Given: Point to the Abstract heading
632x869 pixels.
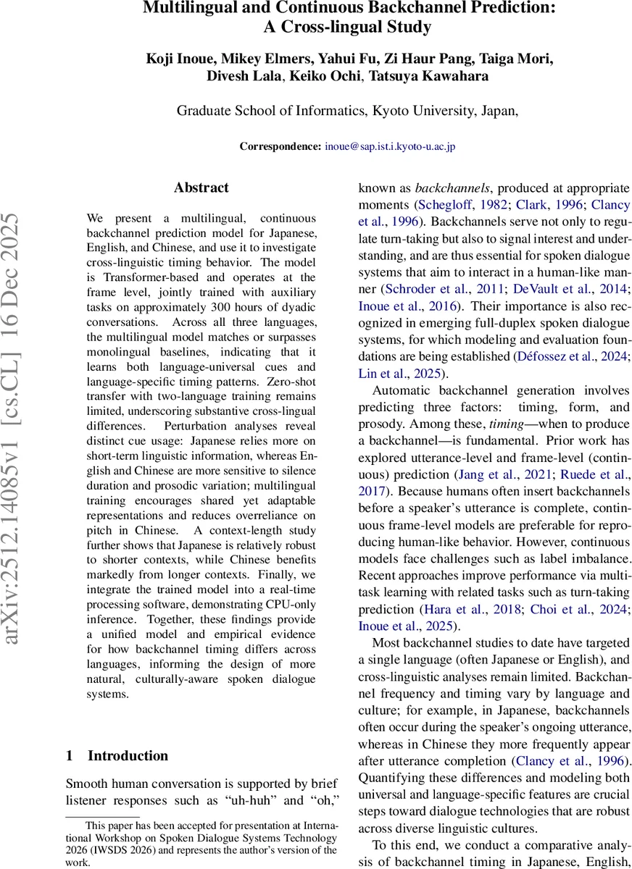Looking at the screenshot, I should pyautogui.click(x=201, y=188).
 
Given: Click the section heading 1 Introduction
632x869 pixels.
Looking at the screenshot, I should pyautogui.click(x=117, y=755).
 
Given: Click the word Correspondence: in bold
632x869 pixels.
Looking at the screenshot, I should pyautogui.click(x=280, y=146).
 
